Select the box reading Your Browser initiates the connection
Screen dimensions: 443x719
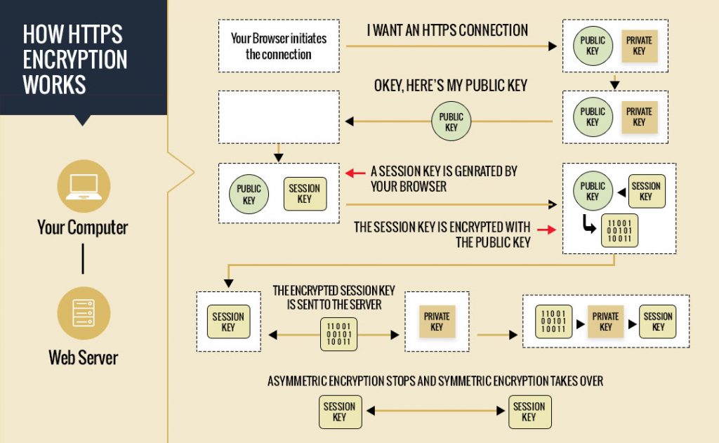279,46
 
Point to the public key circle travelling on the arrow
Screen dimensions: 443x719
451,122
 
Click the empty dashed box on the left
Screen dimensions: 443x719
279,117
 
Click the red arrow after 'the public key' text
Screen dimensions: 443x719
546,228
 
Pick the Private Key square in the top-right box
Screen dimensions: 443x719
639,46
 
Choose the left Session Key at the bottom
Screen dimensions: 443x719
339,412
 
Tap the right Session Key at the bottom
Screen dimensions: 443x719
529,412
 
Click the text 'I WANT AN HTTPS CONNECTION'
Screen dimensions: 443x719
447,31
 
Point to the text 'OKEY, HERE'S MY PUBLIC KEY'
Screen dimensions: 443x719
450,86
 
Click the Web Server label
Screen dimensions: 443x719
83,357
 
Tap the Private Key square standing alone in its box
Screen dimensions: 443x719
437,322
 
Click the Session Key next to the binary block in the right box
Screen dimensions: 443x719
658,322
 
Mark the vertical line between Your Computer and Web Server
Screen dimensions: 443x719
84,258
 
